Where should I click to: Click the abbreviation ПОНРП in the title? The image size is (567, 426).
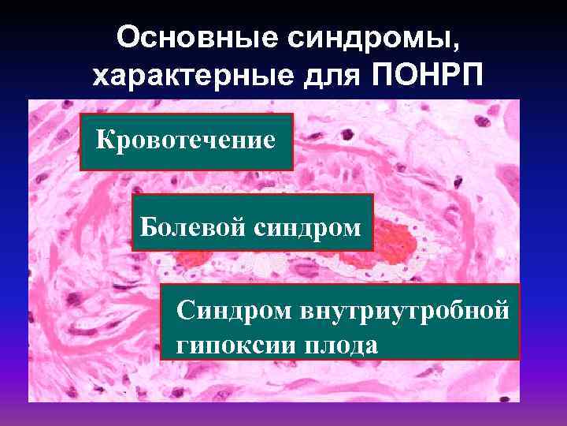coord(423,76)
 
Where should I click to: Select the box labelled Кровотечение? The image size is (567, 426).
coord(187,142)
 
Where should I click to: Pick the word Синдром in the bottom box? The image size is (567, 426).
coord(234,311)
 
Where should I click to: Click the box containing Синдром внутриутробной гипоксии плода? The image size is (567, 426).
coord(340,322)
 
